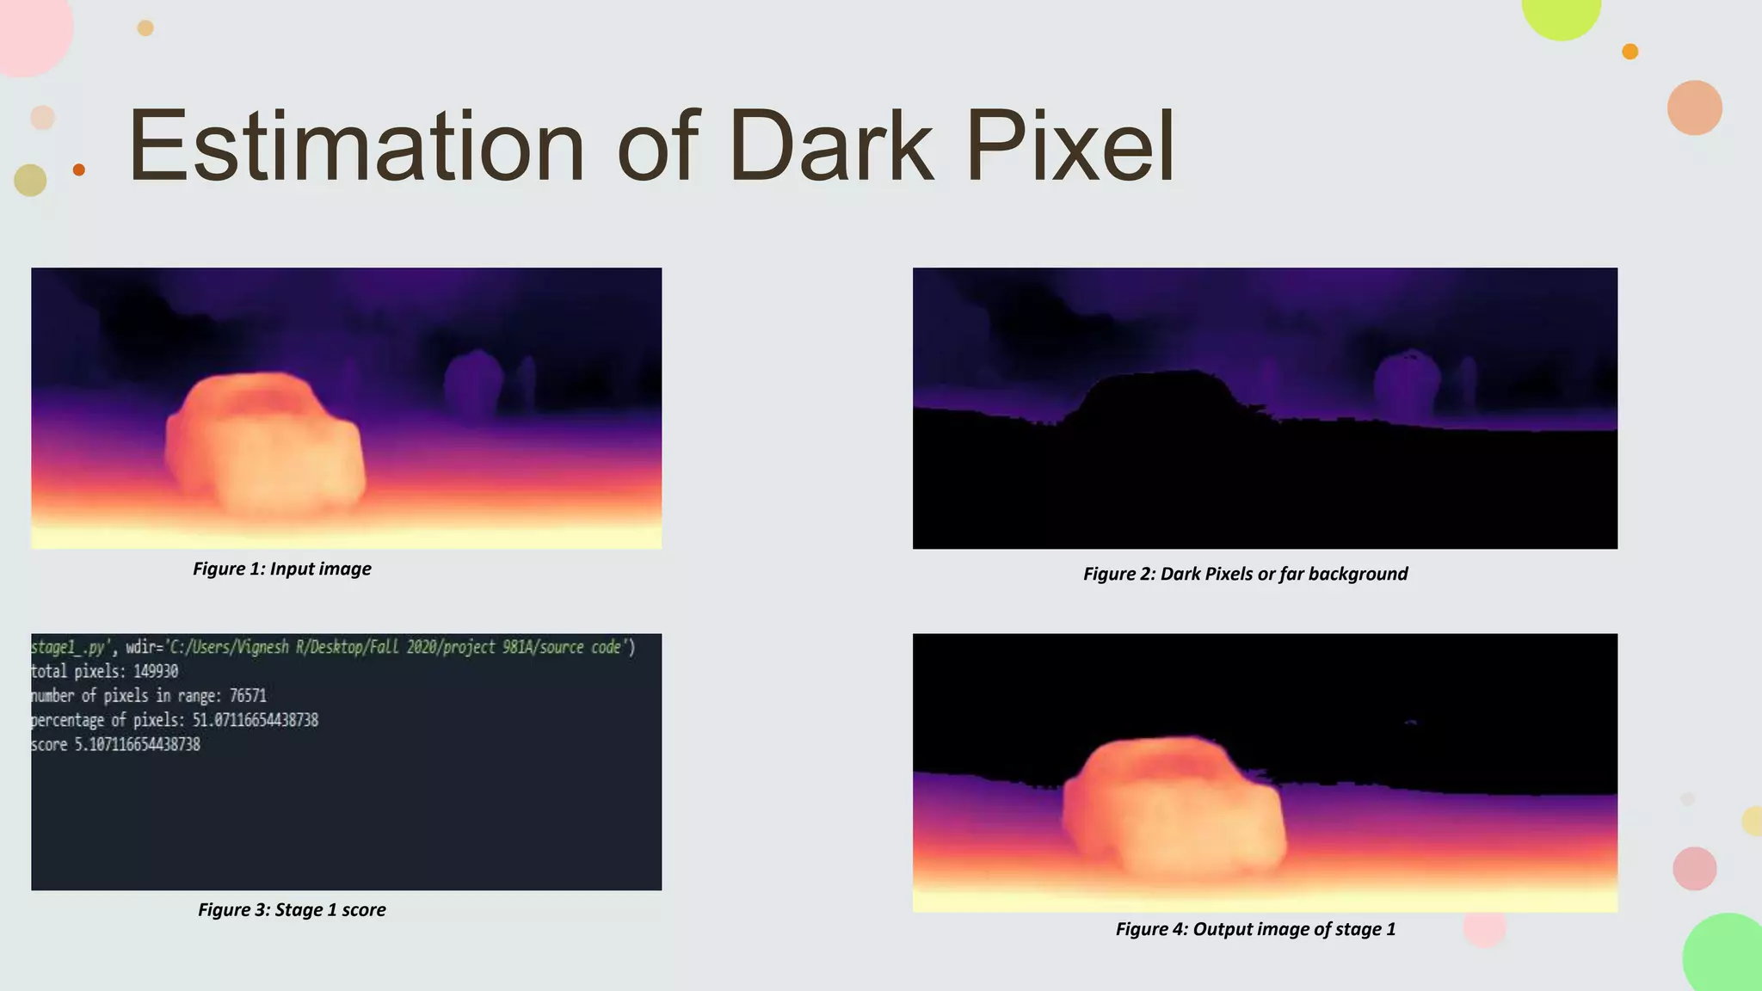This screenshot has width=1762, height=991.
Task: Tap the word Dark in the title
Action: [x=831, y=146]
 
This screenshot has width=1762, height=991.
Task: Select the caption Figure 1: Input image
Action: [x=282, y=569]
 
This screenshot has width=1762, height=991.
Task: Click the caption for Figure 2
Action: [x=1245, y=574]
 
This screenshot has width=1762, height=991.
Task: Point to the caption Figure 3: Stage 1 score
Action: [x=292, y=910]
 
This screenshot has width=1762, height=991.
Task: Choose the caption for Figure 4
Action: [x=1255, y=929]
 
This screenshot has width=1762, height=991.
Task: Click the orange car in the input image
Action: [x=265, y=447]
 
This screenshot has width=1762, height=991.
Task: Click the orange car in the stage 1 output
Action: [x=1174, y=804]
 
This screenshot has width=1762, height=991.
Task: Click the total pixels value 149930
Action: [x=156, y=671]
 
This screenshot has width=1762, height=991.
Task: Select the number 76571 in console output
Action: [x=248, y=695]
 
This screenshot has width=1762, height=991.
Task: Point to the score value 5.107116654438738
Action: [x=137, y=744]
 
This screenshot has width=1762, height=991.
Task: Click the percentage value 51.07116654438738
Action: [x=255, y=720]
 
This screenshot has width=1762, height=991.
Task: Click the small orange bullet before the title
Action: [x=79, y=169]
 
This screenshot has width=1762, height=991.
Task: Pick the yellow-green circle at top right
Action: [x=1561, y=10]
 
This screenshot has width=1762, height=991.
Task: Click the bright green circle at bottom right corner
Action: [x=1725, y=955]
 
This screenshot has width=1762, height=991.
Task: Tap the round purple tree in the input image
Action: [x=473, y=383]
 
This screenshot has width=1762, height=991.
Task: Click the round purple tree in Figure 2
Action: [x=1408, y=385]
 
